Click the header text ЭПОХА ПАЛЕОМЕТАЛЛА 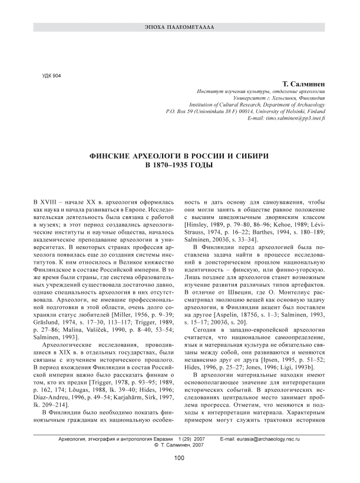[x=180, y=28]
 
